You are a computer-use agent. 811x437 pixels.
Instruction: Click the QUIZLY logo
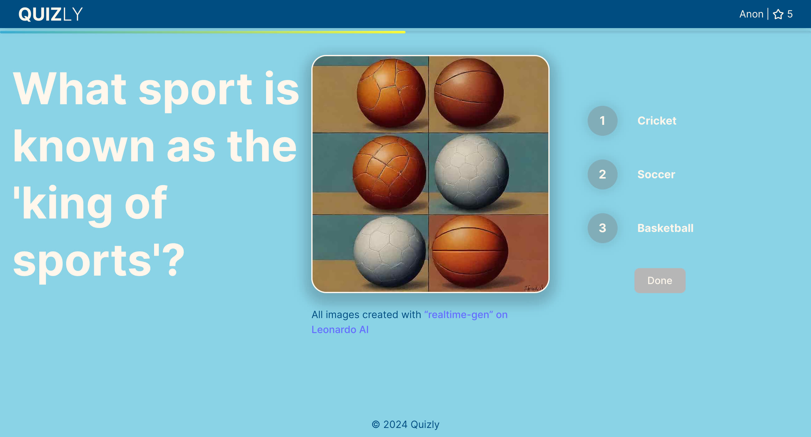50,14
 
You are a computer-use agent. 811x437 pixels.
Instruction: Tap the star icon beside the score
778,14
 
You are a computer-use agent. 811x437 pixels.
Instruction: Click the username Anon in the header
751,14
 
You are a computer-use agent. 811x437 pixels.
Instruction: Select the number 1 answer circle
602,121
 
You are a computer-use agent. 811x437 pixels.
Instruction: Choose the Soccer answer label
656,174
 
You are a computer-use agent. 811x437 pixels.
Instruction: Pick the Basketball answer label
665,228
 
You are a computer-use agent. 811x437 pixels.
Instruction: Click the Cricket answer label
657,121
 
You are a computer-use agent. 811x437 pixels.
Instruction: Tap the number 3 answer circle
602,228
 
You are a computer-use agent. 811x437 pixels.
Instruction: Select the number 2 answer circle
602,174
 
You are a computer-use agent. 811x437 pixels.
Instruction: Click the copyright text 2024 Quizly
405,425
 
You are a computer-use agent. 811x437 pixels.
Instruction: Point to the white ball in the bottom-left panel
389,251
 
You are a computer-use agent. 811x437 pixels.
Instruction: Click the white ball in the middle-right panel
471,171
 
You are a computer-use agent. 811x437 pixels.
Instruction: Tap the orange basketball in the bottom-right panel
470,251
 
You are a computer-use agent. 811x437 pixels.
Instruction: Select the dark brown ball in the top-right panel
469,92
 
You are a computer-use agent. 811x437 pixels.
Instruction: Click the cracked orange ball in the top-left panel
391,93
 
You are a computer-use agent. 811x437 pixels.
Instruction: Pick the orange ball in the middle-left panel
389,172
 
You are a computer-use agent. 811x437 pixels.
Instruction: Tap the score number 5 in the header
790,14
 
